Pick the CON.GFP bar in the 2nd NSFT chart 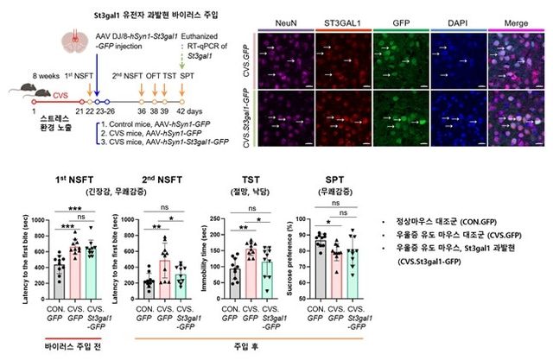[x=150, y=288]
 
